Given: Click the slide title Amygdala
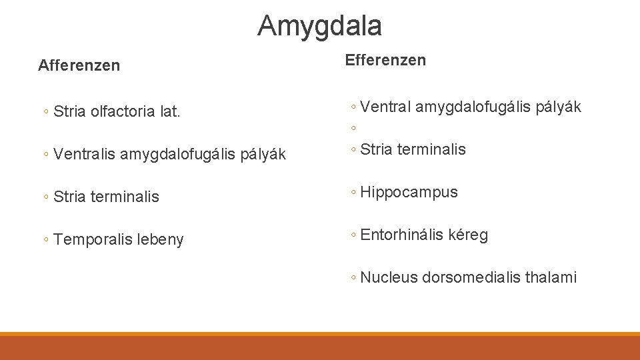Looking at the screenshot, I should click(x=319, y=26).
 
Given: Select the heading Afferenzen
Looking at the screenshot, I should click(x=79, y=65).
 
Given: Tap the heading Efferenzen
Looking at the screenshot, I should click(x=385, y=61).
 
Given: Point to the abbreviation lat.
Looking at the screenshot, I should click(x=170, y=112).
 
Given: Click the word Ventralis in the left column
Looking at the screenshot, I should click(x=85, y=155).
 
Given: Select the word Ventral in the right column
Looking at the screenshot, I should click(x=385, y=107).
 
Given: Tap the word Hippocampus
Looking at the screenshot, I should click(x=409, y=193).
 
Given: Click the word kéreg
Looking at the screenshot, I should click(x=469, y=235).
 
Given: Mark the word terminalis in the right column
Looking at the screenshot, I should click(x=433, y=149).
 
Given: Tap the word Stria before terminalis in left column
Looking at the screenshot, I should click(x=70, y=197).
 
